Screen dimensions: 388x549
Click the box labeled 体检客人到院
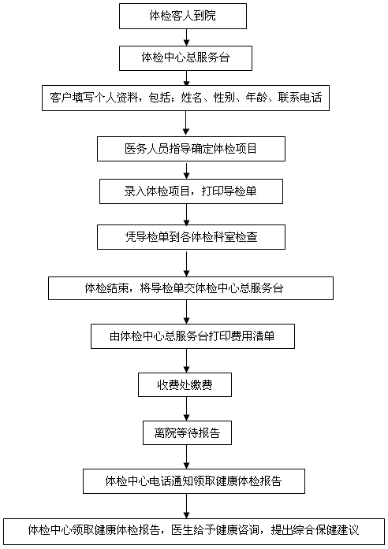tap(183, 16)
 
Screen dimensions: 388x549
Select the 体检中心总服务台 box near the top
tap(185, 58)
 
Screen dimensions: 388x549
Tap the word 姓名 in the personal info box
tap(192, 98)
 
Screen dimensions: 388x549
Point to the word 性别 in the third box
tap(224, 98)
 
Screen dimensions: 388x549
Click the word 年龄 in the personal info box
tap(256, 98)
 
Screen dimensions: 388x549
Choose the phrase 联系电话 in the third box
tap(300, 98)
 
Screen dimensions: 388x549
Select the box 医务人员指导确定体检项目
tap(191, 149)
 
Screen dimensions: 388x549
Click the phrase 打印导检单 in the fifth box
tap(229, 191)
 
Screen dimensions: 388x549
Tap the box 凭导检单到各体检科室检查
tap(191, 237)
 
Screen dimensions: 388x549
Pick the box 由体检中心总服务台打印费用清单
tap(192, 336)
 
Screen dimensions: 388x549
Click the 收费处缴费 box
tap(185, 385)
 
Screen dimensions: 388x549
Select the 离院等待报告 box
tap(187, 433)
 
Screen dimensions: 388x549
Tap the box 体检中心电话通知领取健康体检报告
tap(194, 481)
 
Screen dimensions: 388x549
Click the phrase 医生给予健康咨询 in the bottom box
tap(215, 530)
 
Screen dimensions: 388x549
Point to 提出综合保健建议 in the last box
tap(315, 530)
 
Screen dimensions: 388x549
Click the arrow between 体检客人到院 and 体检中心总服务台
tap(186, 37)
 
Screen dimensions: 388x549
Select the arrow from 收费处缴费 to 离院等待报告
tap(186, 409)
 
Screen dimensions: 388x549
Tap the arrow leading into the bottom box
tap(186, 506)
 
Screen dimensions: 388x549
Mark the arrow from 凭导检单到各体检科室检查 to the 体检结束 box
tap(186, 263)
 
